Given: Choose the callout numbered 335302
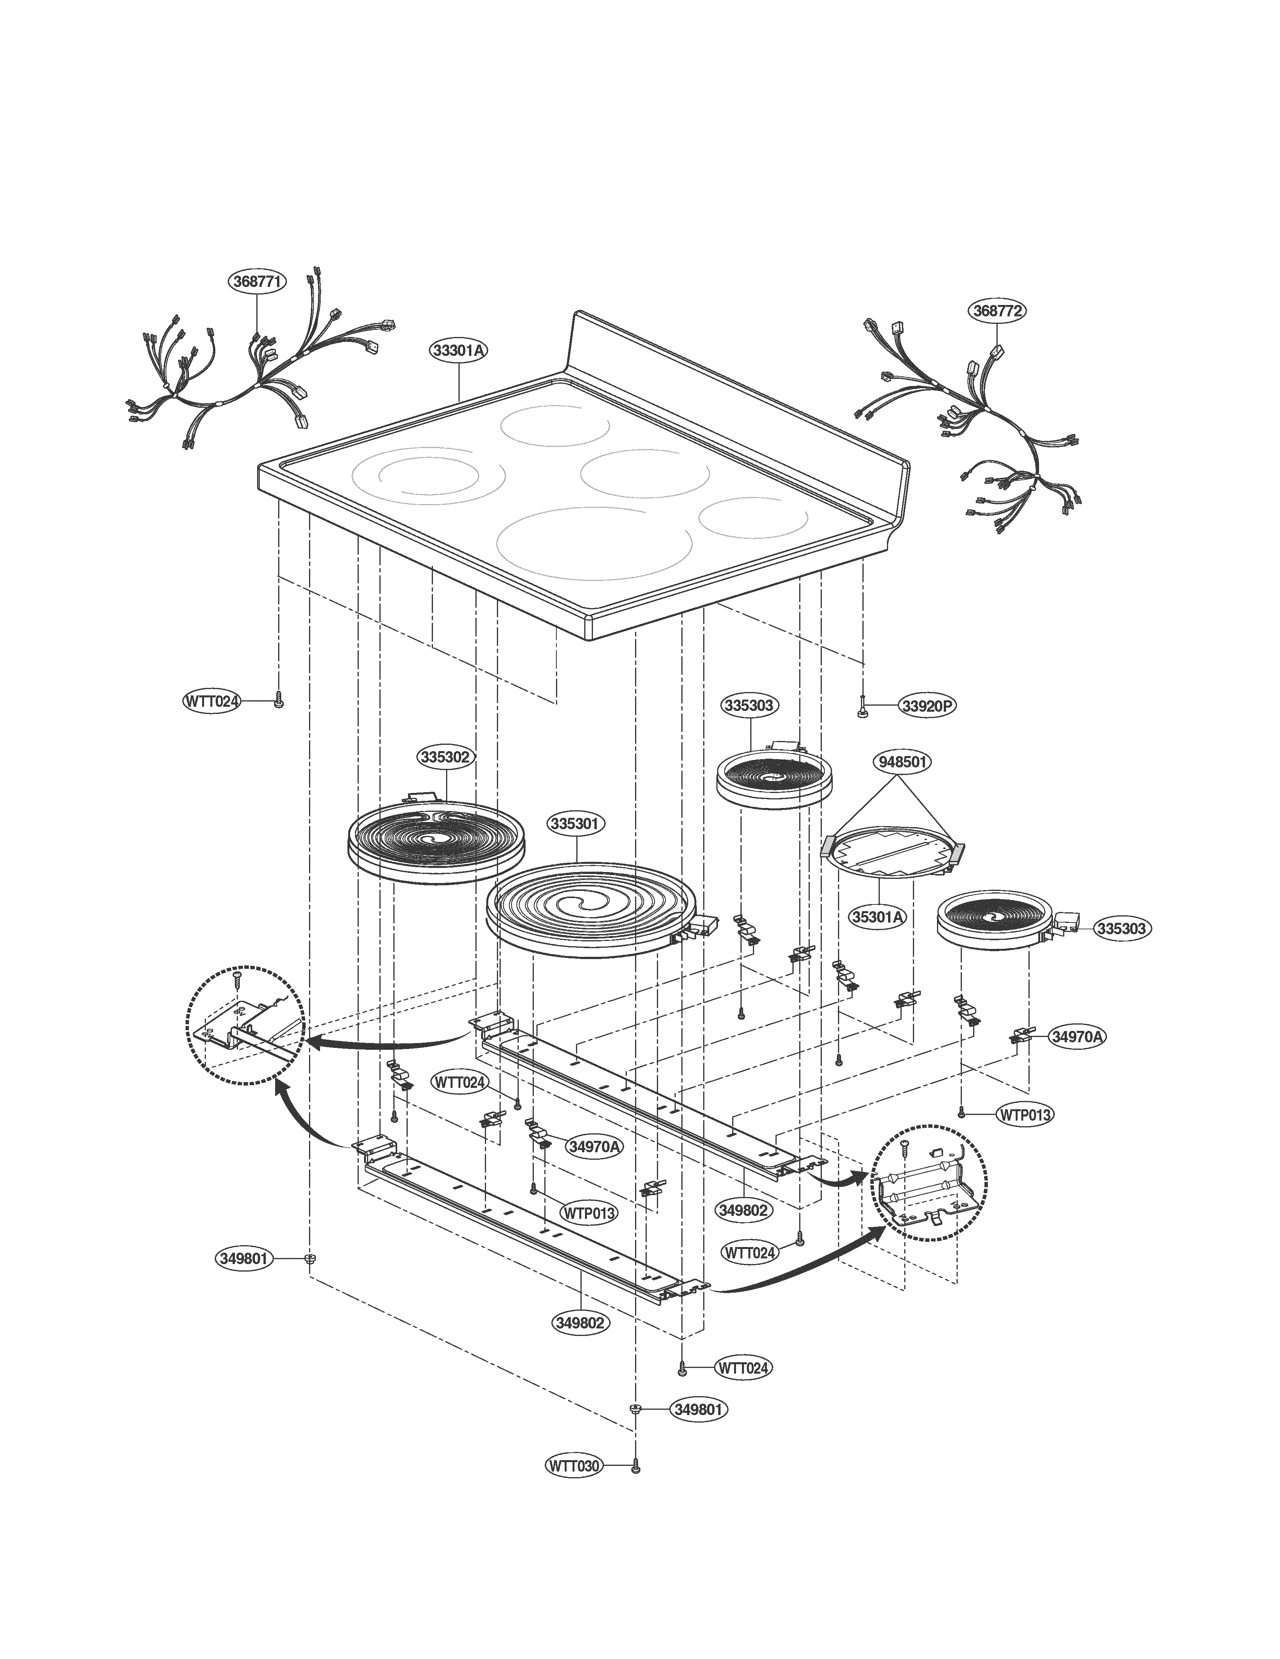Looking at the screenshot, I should click(x=446, y=756).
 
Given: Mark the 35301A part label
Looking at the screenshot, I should click(x=878, y=917).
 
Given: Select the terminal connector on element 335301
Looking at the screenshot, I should click(x=702, y=925).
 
